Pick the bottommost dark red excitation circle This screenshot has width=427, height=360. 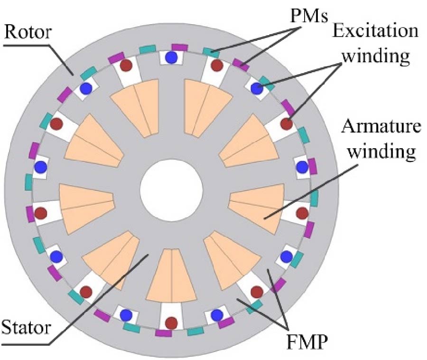coord(170,323)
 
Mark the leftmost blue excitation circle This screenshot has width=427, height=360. coord(40,167)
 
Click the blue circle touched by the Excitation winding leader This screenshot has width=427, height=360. coord(257,88)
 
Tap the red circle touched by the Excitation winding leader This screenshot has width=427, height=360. coord(286,124)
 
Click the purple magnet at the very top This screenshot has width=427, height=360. coord(180,47)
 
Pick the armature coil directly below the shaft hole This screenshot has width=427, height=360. coord(171,275)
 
